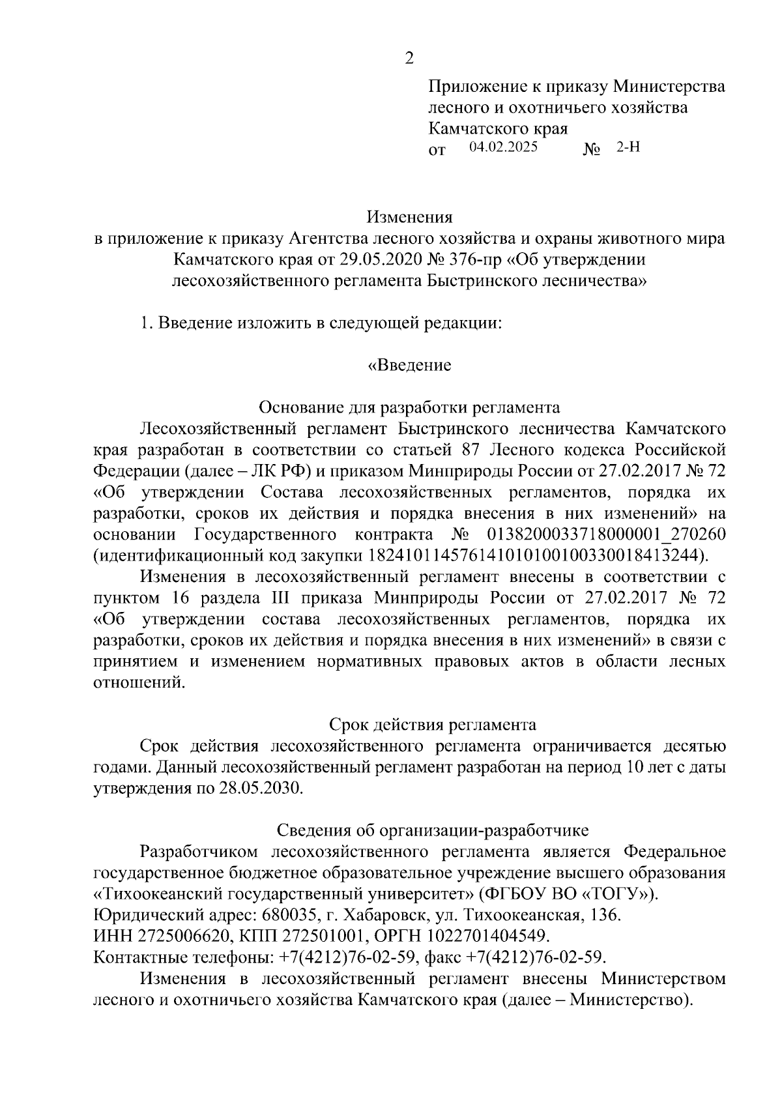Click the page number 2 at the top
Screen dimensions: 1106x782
point(409,59)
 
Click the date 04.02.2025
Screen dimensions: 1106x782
point(503,147)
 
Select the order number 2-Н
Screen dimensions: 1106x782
point(628,147)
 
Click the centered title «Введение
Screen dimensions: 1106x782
point(409,365)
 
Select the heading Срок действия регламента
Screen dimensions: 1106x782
point(432,725)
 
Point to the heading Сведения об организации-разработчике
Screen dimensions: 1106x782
point(433,830)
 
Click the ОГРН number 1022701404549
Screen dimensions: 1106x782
point(486,937)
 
